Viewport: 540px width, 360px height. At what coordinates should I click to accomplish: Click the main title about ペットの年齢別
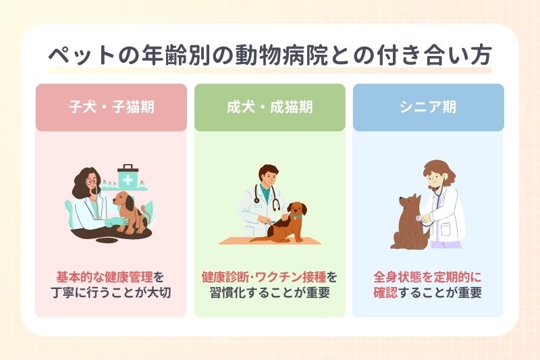click(x=270, y=55)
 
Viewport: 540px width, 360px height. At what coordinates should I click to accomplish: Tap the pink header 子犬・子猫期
click(x=111, y=107)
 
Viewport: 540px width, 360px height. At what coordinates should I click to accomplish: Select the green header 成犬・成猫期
click(x=269, y=107)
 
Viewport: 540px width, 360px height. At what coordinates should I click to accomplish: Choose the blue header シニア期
click(x=428, y=107)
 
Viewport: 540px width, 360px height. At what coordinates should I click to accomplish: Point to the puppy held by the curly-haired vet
click(x=128, y=209)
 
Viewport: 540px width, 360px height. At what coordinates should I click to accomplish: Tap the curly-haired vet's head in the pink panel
click(x=88, y=182)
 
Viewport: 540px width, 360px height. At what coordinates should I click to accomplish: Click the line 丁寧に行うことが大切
click(x=111, y=294)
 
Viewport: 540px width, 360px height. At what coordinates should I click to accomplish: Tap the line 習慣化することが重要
click(x=269, y=294)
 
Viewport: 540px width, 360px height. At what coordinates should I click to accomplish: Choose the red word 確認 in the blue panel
click(x=385, y=294)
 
